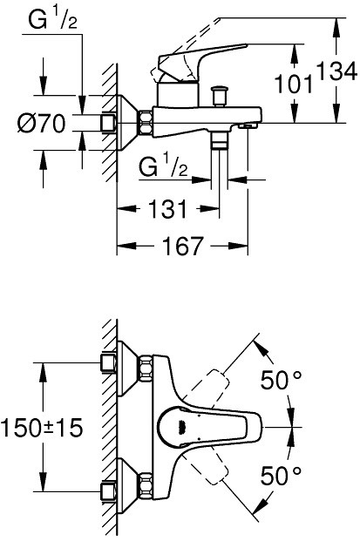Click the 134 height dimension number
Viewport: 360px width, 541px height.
click(336, 72)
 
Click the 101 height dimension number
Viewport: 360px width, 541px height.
click(294, 84)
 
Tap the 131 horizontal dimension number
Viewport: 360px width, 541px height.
click(167, 208)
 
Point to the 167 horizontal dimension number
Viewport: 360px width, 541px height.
click(182, 246)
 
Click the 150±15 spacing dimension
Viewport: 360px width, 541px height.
click(42, 427)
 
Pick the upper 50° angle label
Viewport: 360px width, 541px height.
click(281, 380)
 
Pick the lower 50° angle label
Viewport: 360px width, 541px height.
click(281, 476)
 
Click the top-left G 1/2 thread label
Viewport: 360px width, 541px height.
click(52, 20)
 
